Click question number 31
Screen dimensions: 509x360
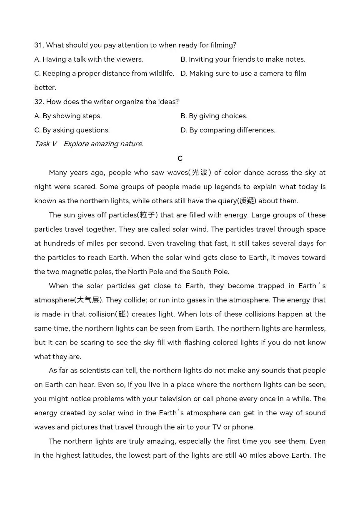[x=39, y=45]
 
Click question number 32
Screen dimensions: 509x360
[x=39, y=102]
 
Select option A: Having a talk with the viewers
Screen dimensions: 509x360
[x=88, y=59]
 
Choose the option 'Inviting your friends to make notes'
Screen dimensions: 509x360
[x=242, y=59]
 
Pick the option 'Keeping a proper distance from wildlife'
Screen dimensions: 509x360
[x=104, y=73]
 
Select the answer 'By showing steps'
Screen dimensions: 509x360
[x=68, y=116]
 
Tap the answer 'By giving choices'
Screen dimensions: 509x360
[x=214, y=116]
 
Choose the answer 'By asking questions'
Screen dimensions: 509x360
[x=72, y=130]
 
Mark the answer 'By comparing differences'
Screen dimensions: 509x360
[x=228, y=130]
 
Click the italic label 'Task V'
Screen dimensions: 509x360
[x=45, y=144]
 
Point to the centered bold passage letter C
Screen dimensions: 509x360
[x=180, y=158]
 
